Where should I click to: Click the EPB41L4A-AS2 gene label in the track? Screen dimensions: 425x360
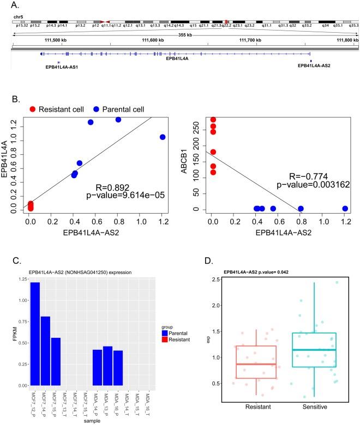[313, 66]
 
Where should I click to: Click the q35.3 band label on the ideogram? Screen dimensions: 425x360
[352, 25]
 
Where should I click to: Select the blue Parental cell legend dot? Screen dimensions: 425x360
[97, 110]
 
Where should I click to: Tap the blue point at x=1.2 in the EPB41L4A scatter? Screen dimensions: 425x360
[163, 137]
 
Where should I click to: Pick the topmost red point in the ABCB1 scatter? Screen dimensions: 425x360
[213, 120]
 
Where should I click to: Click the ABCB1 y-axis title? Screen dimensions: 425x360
[185, 162]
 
